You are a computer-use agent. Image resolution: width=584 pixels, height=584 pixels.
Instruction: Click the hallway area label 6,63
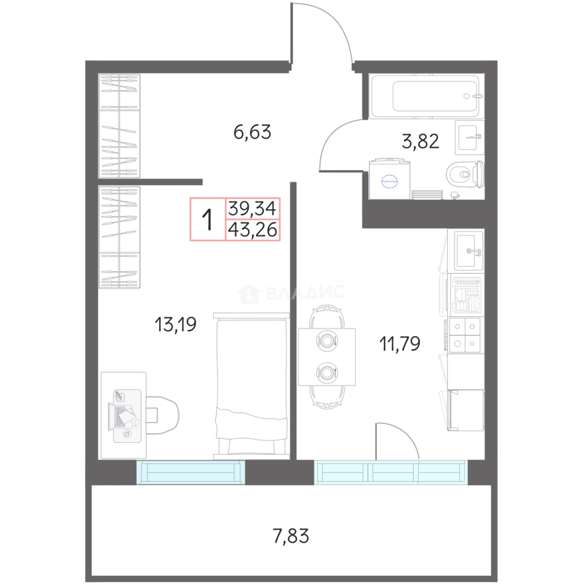(252, 132)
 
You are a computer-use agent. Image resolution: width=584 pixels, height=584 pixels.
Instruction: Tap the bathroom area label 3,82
(420, 142)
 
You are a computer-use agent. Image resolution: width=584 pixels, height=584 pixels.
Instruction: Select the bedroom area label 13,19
(175, 324)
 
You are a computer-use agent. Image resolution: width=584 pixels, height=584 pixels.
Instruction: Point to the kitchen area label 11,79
(400, 343)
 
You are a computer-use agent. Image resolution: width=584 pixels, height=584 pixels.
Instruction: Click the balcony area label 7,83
(291, 536)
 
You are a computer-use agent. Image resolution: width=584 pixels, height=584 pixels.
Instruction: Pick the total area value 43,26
(253, 230)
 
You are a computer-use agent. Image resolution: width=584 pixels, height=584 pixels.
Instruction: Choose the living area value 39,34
(253, 208)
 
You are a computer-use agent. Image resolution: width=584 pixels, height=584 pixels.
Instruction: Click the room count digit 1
(207, 220)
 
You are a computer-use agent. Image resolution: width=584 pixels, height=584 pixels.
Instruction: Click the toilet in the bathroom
(465, 174)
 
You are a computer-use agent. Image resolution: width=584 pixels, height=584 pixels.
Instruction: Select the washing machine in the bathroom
(389, 178)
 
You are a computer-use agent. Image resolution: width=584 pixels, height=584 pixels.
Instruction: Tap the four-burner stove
(464, 335)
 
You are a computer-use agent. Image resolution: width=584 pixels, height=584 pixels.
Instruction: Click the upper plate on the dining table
(327, 341)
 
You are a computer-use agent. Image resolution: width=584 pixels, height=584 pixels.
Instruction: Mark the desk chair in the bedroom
(163, 415)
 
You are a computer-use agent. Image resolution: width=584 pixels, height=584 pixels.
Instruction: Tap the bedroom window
(190, 472)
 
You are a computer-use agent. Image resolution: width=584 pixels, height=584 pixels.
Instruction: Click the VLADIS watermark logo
(291, 293)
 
